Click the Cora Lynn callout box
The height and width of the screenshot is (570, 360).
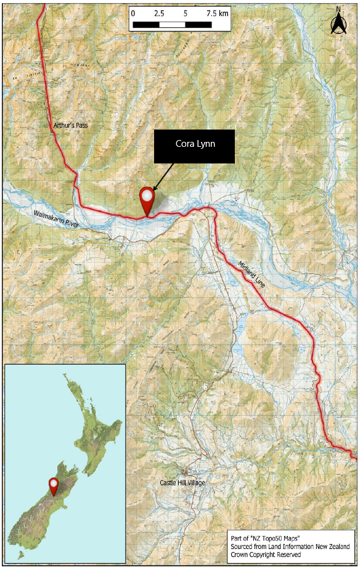(194, 146)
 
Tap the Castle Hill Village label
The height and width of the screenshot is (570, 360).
(182, 482)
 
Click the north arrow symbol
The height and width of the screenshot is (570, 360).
(338, 25)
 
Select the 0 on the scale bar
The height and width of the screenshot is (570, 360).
(133, 13)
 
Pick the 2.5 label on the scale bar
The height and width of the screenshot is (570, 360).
(159, 13)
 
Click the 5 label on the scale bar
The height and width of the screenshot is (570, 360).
(186, 13)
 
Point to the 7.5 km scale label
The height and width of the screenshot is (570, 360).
(216, 13)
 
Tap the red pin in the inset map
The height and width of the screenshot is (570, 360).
(54, 485)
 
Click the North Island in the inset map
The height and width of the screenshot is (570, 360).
(92, 419)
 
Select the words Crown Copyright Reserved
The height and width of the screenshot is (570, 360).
(266, 555)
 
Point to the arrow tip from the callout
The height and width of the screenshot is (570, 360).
(153, 189)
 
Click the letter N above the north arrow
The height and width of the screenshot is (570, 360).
(338, 9)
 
